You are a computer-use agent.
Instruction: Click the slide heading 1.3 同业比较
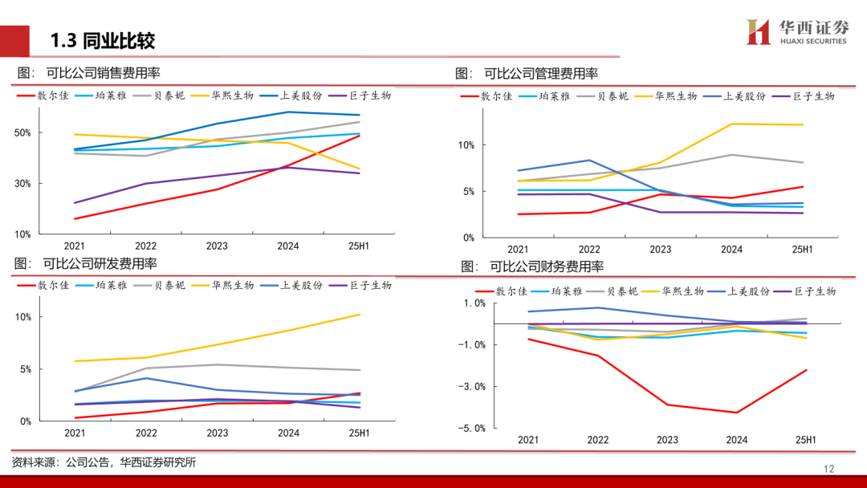coord(102,41)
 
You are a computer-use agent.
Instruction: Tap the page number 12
coord(830,468)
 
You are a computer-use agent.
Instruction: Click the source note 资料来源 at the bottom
coord(104,462)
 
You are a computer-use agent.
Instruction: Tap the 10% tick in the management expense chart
coord(466,145)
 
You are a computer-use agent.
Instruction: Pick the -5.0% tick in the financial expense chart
coord(472,429)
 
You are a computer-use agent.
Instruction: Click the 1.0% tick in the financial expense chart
coord(474,303)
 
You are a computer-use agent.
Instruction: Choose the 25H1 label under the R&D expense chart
coord(358,433)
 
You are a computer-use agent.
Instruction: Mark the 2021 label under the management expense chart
coord(518,250)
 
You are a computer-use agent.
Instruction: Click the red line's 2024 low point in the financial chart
coord(736,413)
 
